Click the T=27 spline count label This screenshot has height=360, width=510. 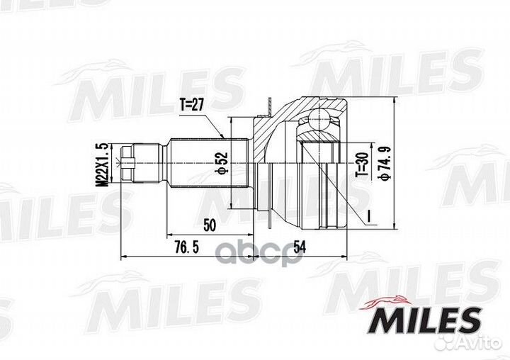(193, 104)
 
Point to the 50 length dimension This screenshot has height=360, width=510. (210, 225)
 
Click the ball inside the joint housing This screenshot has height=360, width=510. (321, 116)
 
